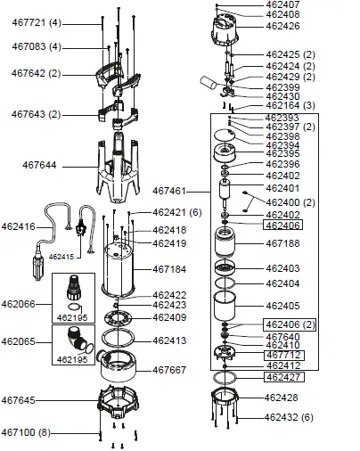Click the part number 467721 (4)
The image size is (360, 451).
click(37, 20)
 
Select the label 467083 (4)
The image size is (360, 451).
click(37, 45)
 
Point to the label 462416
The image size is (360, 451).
click(20, 227)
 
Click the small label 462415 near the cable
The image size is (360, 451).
click(61, 256)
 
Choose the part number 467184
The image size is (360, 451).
click(169, 268)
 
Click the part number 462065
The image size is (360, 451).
click(20, 340)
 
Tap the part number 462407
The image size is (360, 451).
click(283, 5)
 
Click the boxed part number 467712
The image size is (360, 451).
click(283, 355)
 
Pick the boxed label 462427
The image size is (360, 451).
click(283, 377)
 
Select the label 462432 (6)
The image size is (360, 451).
click(290, 417)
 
